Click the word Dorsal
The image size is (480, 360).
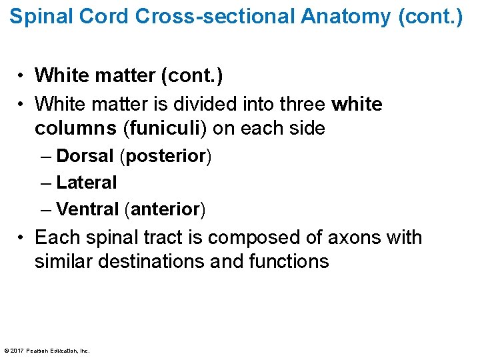tap(85, 156)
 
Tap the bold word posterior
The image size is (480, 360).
tap(165, 156)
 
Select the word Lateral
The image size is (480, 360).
tap(87, 182)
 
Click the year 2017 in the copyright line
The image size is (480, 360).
tap(17, 351)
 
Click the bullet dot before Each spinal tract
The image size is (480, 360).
tap(22, 238)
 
